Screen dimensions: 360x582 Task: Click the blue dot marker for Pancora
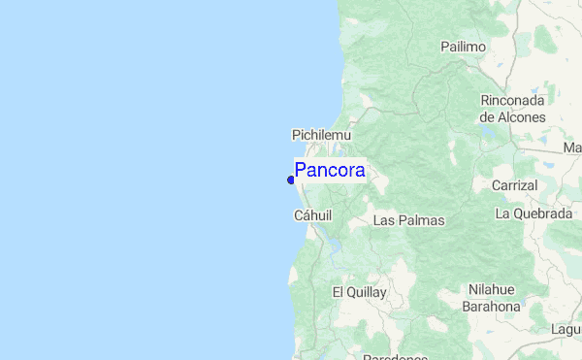[x=291, y=179]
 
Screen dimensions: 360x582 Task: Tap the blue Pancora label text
[x=330, y=171]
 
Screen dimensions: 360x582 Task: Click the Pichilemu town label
[x=321, y=135]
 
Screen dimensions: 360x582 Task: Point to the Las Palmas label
[x=408, y=220]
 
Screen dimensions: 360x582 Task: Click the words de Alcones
[x=513, y=116]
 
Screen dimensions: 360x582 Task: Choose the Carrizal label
[x=514, y=184]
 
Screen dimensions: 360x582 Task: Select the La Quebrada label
[x=533, y=213]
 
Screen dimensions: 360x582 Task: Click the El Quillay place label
[x=359, y=291]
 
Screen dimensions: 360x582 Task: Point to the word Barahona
[x=492, y=306]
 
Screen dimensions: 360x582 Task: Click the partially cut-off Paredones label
[x=395, y=356]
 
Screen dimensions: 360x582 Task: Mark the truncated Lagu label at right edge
[x=566, y=330]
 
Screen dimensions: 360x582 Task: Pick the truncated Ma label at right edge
[x=572, y=148]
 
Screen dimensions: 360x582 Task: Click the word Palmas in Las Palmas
[x=422, y=220]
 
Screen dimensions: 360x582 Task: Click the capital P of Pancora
[x=302, y=171]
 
